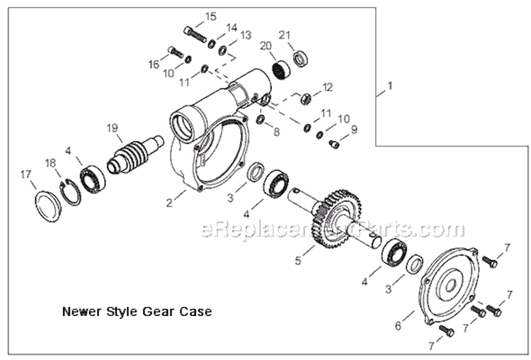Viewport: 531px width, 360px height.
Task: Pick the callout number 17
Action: click(25, 174)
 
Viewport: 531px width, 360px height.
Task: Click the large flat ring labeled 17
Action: click(47, 206)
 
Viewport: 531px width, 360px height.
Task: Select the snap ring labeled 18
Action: click(69, 193)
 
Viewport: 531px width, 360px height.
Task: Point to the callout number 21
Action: click(285, 35)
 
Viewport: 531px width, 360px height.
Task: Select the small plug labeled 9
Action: click(336, 144)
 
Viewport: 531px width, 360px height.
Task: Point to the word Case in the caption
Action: click(198, 310)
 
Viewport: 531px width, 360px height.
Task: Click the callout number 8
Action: click(277, 131)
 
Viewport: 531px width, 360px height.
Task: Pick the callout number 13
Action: click(245, 35)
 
